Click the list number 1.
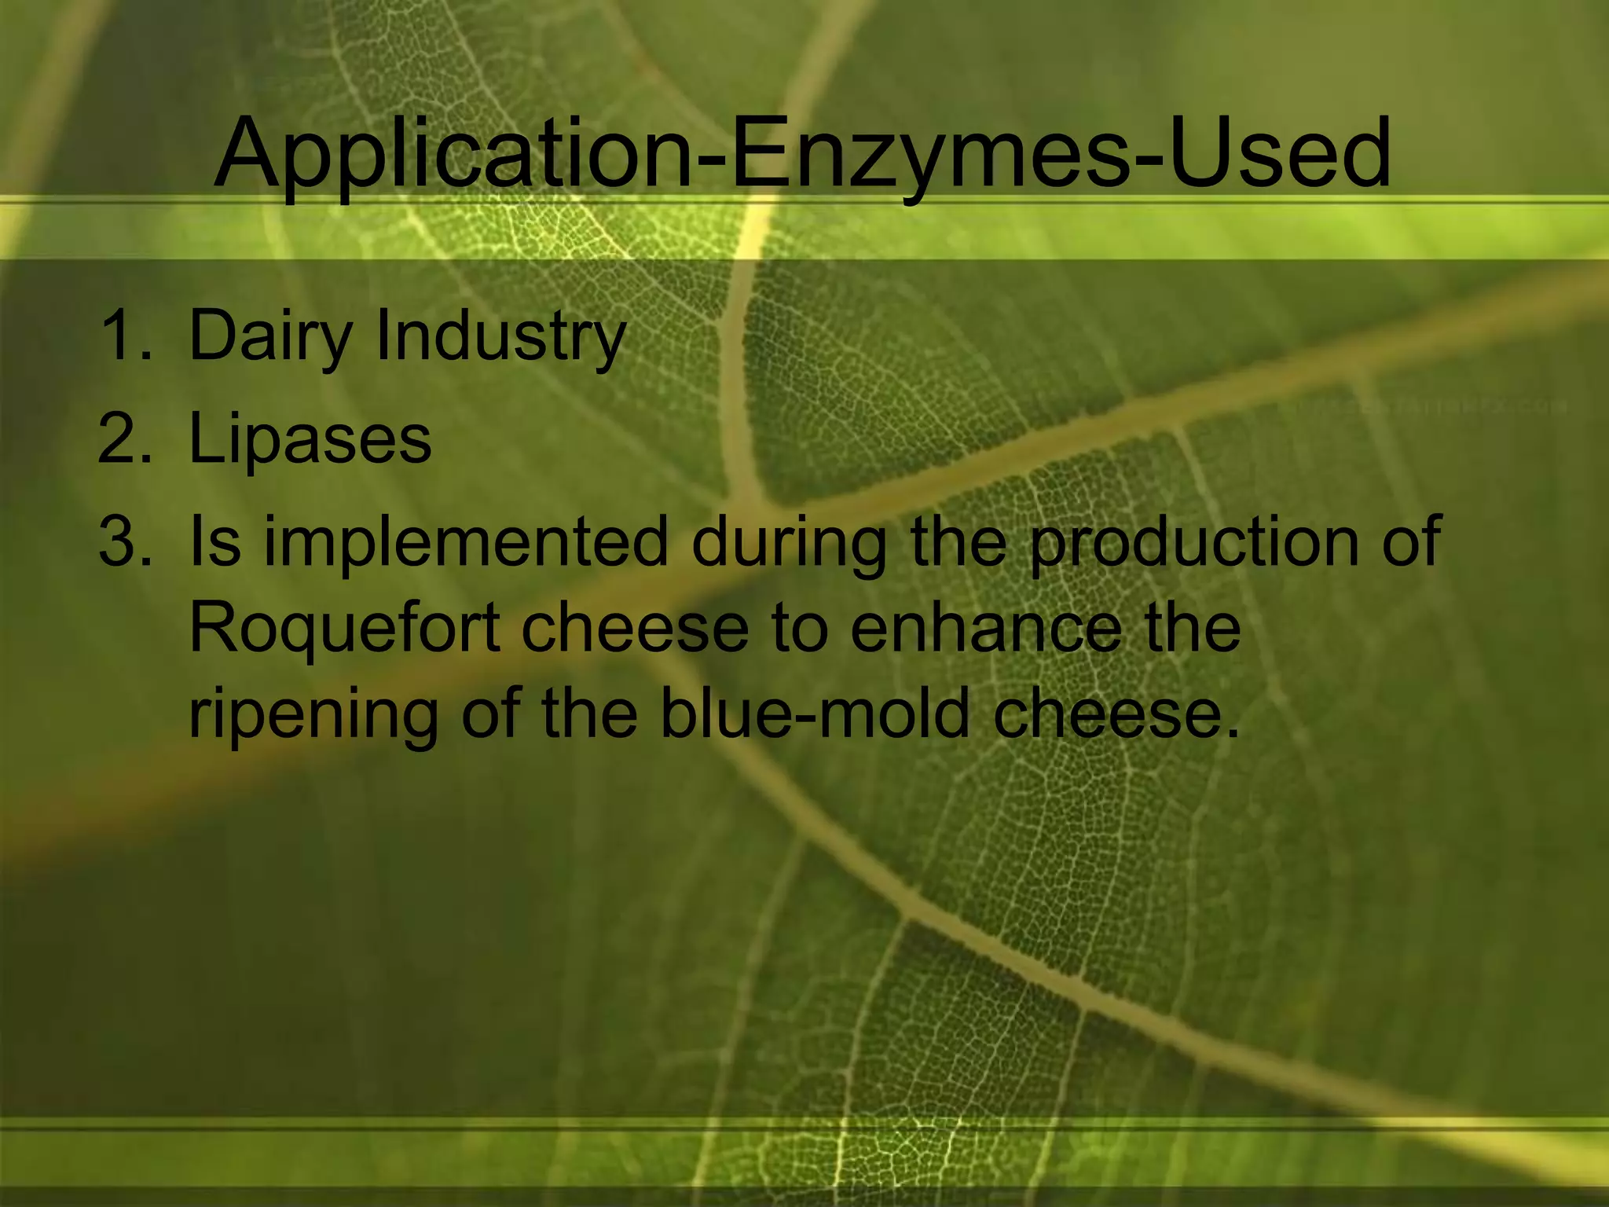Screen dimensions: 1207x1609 (x=126, y=336)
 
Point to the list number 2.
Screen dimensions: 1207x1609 (x=126, y=438)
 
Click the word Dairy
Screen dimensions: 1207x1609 (x=271, y=336)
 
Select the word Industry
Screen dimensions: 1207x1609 (x=500, y=336)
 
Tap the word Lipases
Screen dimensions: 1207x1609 (x=310, y=438)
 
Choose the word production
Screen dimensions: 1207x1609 (x=1194, y=542)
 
